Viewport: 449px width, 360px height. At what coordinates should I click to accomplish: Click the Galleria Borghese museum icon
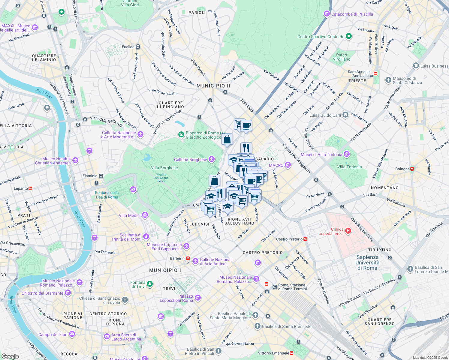[x=212, y=159]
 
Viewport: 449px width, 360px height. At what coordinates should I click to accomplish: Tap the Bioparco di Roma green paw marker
[x=181, y=135]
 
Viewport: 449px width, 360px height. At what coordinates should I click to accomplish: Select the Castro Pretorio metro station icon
[x=305, y=239]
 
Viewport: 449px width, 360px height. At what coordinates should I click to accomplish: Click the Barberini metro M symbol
[x=188, y=258]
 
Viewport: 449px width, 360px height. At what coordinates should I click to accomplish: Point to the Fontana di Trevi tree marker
[x=150, y=284]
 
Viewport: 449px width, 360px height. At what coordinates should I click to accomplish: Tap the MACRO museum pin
[x=288, y=165]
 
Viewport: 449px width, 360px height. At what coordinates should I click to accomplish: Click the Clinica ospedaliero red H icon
[x=348, y=231]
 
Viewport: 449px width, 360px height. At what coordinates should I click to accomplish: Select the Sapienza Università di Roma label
[x=367, y=262]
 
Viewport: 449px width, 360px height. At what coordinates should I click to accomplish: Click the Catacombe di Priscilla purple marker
[x=327, y=14]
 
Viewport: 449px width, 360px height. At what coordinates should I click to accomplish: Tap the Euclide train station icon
[x=138, y=47]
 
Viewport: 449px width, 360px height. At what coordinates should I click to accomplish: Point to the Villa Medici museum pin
[x=145, y=215]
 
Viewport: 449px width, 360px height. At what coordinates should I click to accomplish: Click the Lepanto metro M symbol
[x=30, y=188]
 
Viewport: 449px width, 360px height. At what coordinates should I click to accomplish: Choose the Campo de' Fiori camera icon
[x=72, y=334]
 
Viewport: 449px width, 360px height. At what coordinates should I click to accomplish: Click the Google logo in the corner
[x=10, y=356]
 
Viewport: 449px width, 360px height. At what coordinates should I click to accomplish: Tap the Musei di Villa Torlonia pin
[x=347, y=154]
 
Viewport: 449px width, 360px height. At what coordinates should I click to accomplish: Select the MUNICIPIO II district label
[x=213, y=86]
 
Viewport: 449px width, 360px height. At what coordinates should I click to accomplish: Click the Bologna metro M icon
[x=412, y=169]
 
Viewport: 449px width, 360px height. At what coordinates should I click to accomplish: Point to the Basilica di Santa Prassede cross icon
[x=257, y=326]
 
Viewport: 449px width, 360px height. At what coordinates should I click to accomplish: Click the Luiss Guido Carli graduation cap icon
[x=345, y=115]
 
